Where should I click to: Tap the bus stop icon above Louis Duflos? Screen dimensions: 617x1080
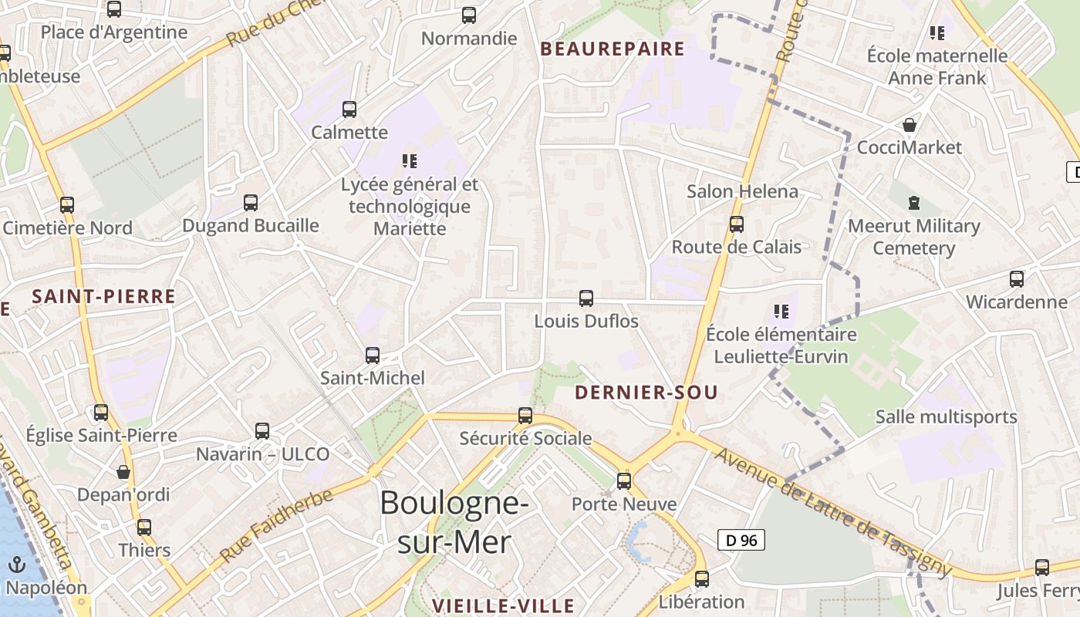(x=586, y=298)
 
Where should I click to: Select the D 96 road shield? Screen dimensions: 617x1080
(x=741, y=541)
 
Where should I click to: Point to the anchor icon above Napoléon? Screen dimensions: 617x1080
(x=17, y=565)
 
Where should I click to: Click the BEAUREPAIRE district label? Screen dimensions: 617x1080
(x=613, y=49)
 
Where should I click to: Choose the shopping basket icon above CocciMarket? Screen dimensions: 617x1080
(x=910, y=125)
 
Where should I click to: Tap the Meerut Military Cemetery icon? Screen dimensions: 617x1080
(x=914, y=204)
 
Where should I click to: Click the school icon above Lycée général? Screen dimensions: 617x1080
(x=410, y=161)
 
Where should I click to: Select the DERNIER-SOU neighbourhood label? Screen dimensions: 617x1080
(x=646, y=393)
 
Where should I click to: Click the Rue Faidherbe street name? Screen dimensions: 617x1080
(x=276, y=524)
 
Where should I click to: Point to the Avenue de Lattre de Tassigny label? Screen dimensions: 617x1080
(x=833, y=511)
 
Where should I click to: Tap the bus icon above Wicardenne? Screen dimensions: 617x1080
(x=1017, y=279)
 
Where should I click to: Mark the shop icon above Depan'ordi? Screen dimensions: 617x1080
(x=123, y=472)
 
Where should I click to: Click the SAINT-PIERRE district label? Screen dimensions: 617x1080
(x=104, y=296)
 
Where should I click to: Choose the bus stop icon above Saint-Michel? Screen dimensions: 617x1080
(x=373, y=356)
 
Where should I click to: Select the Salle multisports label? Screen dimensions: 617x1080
(x=946, y=417)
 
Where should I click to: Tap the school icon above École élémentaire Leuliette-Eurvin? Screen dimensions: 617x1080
(x=781, y=312)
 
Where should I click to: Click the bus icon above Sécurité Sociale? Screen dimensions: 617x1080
(x=525, y=416)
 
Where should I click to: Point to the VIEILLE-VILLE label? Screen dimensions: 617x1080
(x=503, y=605)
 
